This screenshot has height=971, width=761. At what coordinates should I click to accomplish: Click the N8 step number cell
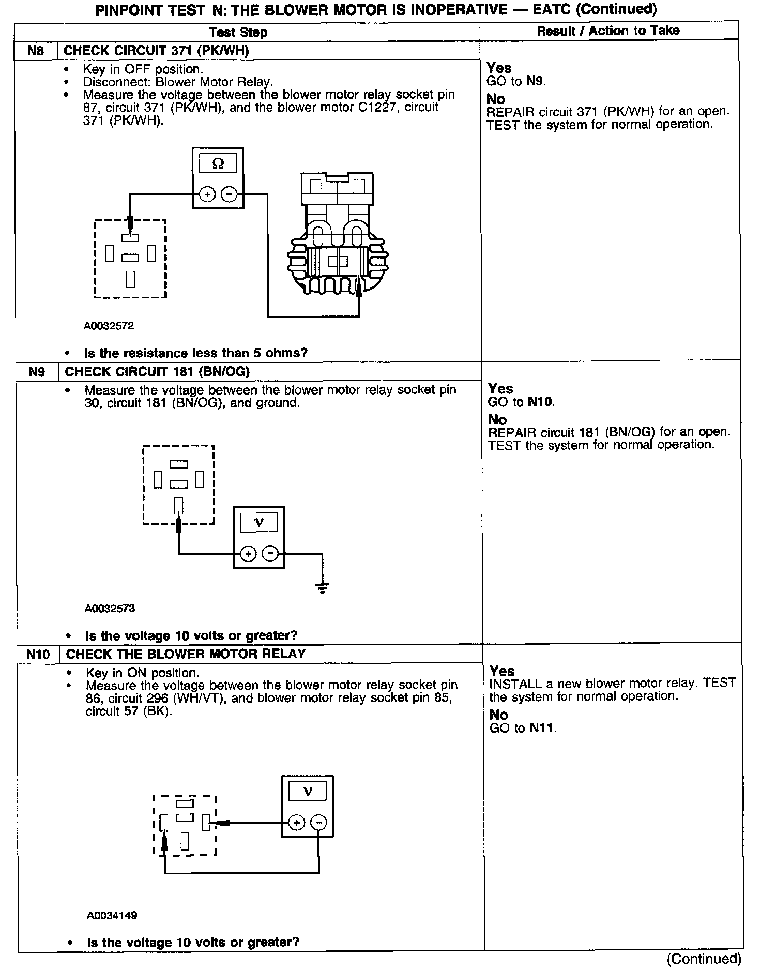point(36,51)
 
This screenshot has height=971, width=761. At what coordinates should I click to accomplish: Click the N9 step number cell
point(37,372)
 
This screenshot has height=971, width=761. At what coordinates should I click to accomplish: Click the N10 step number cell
point(38,655)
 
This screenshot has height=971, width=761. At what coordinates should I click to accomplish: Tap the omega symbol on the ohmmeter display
point(218,164)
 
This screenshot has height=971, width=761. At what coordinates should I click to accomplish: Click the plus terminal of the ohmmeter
point(207,195)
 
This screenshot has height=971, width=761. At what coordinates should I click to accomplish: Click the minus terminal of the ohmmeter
point(229,195)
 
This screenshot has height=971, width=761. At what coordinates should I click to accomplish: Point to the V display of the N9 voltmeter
point(259,523)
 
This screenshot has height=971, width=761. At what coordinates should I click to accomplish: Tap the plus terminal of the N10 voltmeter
point(296,823)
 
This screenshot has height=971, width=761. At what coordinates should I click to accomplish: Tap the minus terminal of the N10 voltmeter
point(319,823)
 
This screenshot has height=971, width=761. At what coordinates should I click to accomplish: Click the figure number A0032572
point(109,326)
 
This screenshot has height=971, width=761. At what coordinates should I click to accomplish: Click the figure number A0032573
point(110,608)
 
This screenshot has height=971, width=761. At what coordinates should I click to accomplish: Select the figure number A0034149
point(112,916)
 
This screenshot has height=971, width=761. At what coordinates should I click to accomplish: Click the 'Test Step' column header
point(238,32)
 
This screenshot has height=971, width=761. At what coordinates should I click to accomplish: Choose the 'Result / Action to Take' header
point(608,31)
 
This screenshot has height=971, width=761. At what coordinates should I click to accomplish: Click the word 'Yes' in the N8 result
point(499,68)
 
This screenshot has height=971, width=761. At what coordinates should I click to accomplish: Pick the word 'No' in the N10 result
point(499,715)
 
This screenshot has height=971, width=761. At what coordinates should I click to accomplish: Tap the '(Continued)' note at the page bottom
point(704,959)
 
